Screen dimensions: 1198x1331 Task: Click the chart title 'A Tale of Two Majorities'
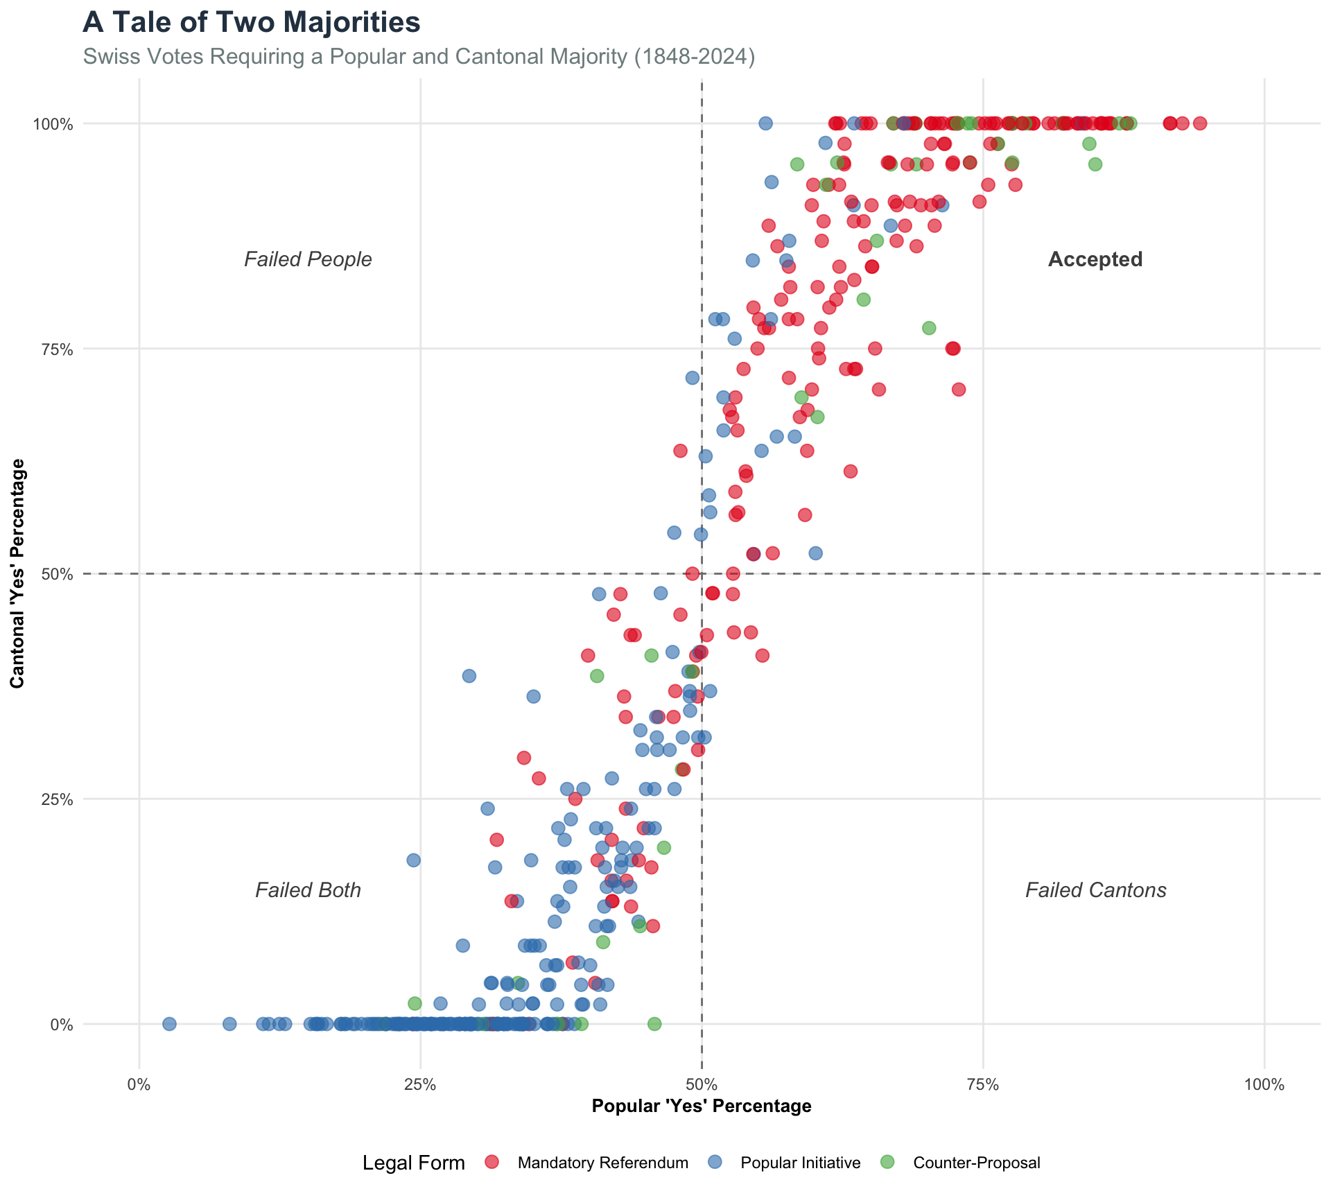(x=251, y=22)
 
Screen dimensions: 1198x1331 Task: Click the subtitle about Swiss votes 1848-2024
(x=419, y=56)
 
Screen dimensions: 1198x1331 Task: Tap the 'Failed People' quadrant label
(x=308, y=259)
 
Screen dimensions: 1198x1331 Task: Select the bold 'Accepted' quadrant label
(x=1095, y=259)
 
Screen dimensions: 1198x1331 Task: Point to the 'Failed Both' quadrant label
(x=308, y=890)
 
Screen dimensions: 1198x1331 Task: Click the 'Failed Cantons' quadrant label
(x=1095, y=890)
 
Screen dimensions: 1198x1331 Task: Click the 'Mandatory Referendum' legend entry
(x=602, y=1163)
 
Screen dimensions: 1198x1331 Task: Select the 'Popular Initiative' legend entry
(x=800, y=1163)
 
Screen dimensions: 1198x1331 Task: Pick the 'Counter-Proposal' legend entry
(x=976, y=1163)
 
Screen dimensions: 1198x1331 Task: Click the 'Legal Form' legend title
(x=413, y=1163)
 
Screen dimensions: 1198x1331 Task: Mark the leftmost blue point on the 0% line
(x=169, y=1024)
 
